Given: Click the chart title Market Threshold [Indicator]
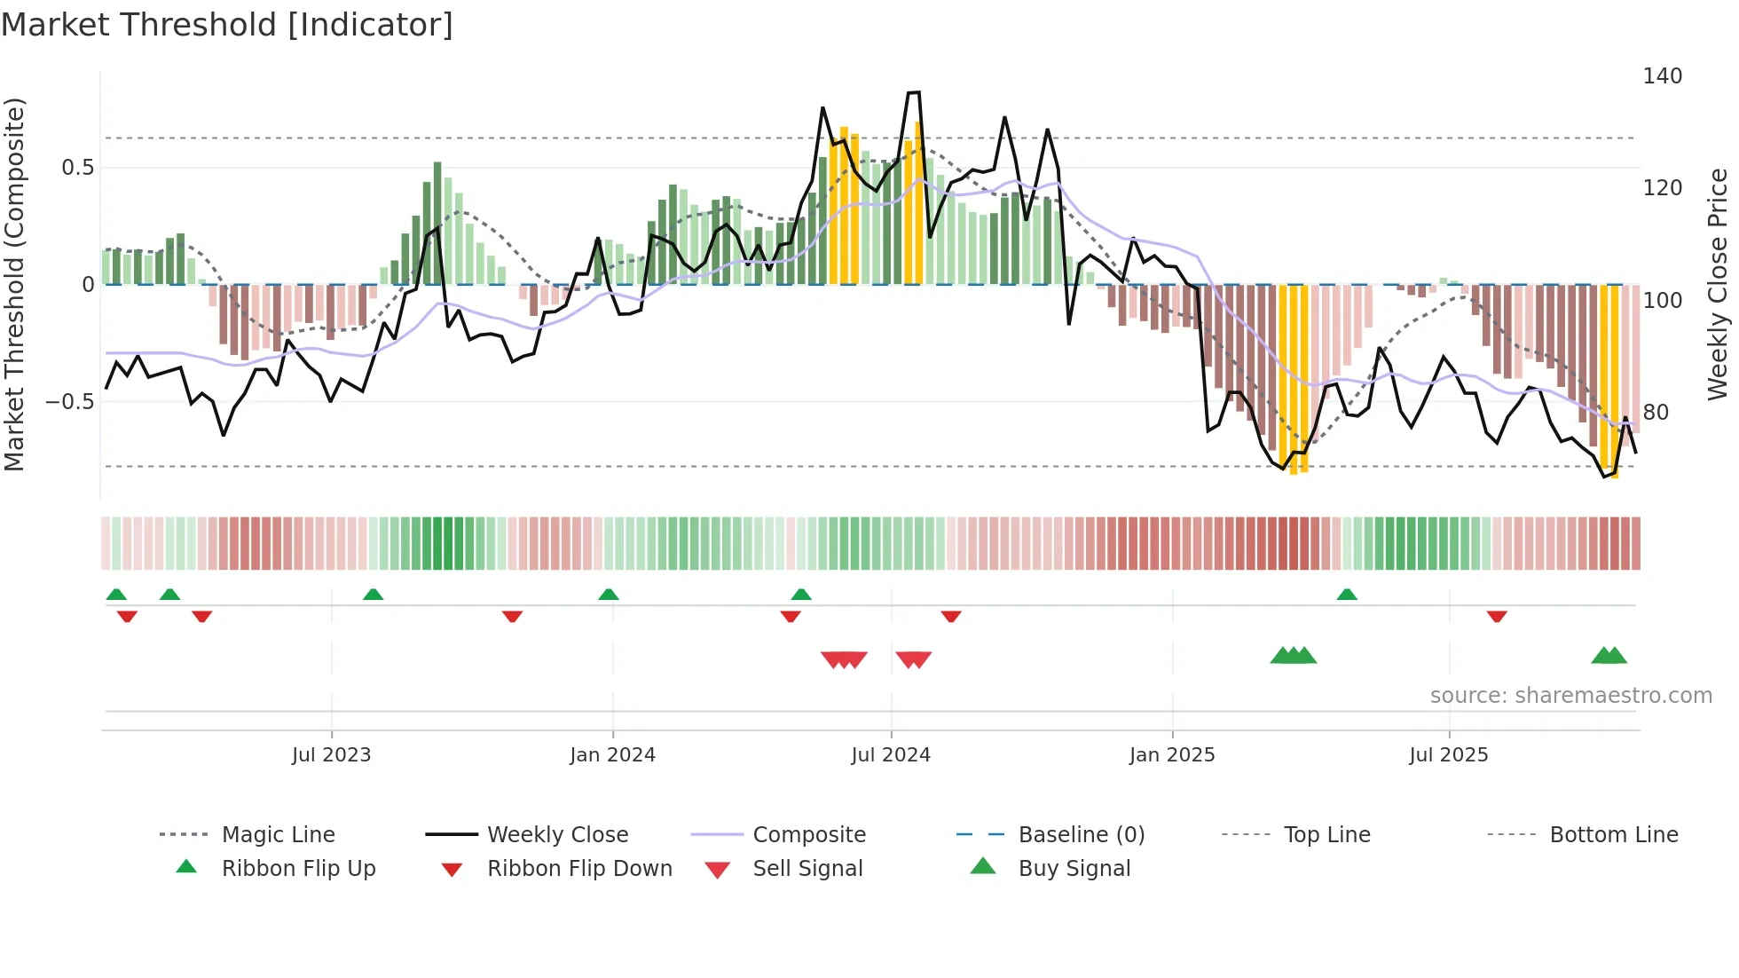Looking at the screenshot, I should pyautogui.click(x=227, y=25).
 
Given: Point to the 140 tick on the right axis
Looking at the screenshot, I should pyautogui.click(x=1662, y=76).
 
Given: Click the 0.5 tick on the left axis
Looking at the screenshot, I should pyautogui.click(x=77, y=168).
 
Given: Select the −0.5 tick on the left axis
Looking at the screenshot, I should pyautogui.click(x=70, y=402).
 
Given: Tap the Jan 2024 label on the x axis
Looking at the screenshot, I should pyautogui.click(x=612, y=755).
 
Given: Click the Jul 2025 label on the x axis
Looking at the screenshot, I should pyautogui.click(x=1448, y=755).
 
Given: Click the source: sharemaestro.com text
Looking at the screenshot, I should pyautogui.click(x=1570, y=696).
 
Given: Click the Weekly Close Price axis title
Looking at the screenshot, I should pyautogui.click(x=1718, y=284).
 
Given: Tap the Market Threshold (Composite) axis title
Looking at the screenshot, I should pyautogui.click(x=15, y=284).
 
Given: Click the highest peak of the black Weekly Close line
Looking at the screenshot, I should pyautogui.click(x=914, y=92).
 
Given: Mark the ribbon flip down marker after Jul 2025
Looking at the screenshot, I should pyautogui.click(x=1497, y=616).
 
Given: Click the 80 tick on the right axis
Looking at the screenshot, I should pyautogui.click(x=1655, y=413).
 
